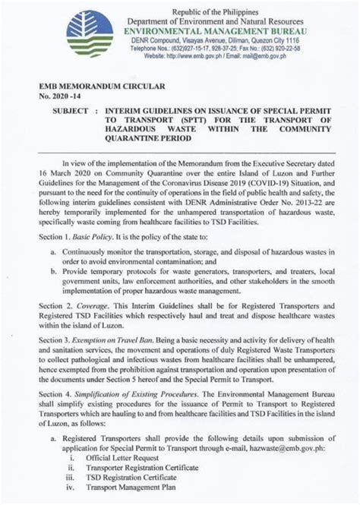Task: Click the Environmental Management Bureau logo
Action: click(90, 35)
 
